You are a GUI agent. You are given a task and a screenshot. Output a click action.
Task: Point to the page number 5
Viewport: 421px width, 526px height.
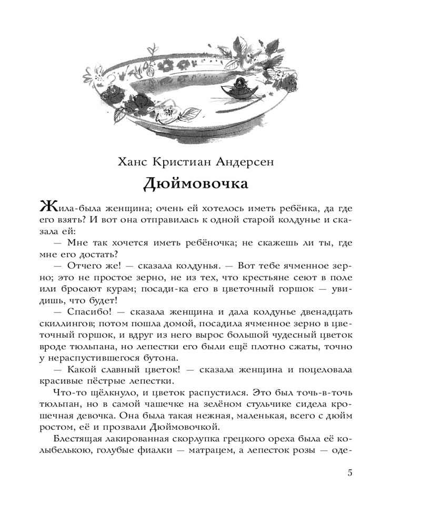pyautogui.click(x=350, y=472)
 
